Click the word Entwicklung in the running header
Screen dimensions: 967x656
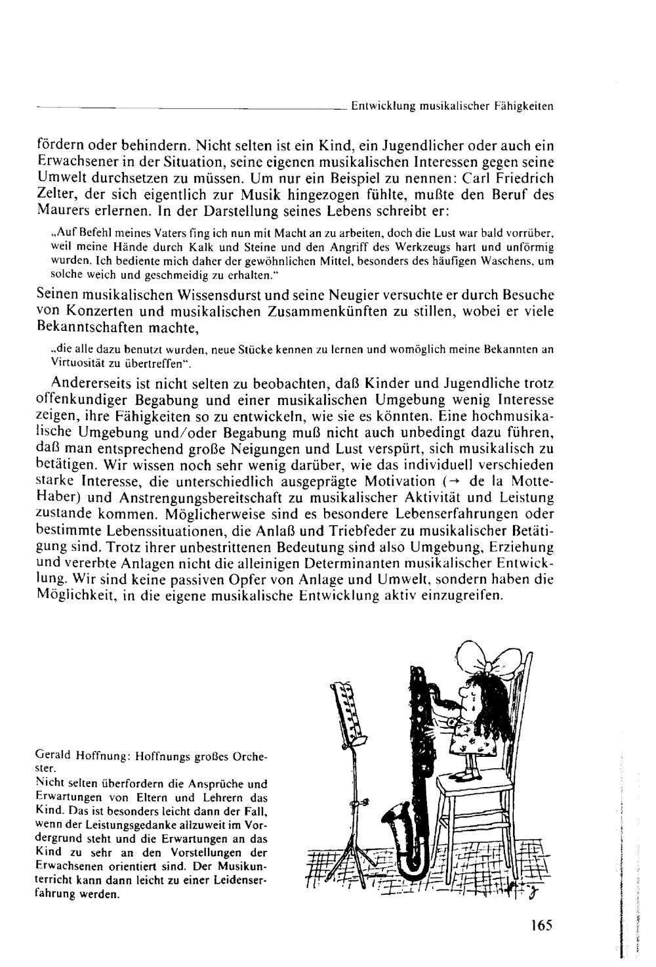coord(379,104)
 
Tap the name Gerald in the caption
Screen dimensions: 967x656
coord(51,756)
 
